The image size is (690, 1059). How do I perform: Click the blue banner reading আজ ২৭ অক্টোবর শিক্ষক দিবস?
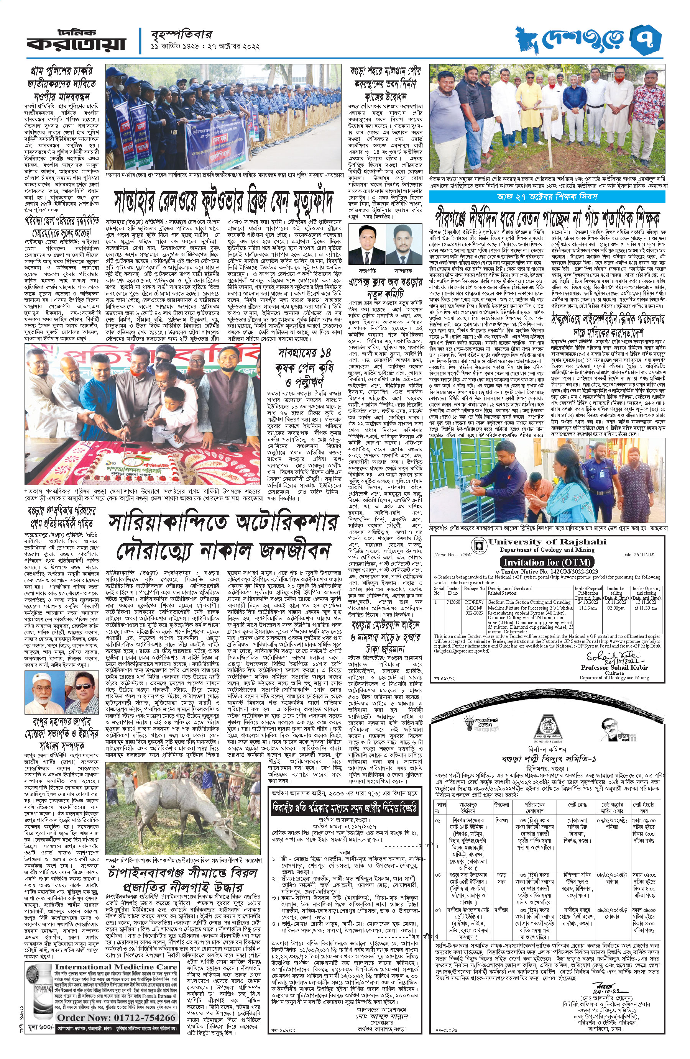tap(547, 197)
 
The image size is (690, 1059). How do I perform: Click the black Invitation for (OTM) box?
tap(547, 562)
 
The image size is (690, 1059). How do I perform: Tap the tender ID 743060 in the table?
tap(453, 602)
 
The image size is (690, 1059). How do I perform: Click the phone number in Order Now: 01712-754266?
tap(147, 1030)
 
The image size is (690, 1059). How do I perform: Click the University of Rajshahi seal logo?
tap(480, 544)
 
